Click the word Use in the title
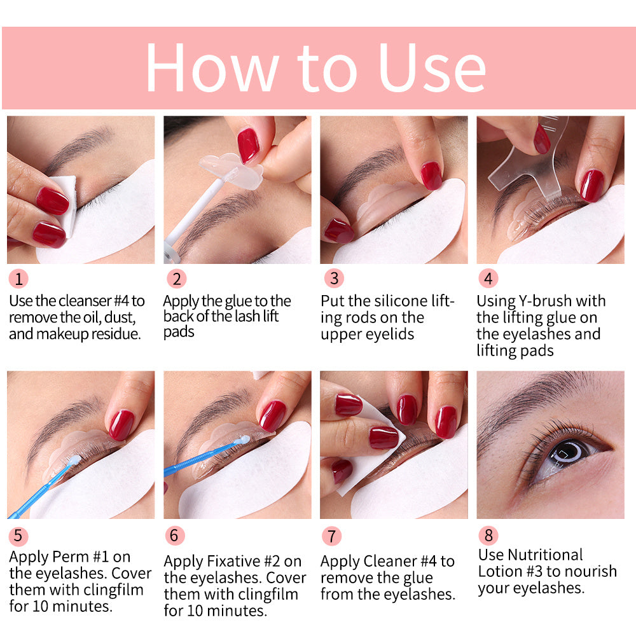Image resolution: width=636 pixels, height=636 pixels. click(432, 69)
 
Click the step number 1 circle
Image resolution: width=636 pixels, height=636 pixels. click(18, 279)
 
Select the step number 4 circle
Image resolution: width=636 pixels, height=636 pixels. click(488, 279)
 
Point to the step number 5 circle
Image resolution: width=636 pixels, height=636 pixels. click(18, 536)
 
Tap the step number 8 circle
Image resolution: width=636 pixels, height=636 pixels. click(488, 535)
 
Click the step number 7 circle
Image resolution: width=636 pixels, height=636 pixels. click(331, 536)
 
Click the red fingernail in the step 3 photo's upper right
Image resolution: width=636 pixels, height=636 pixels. click(431, 175)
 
